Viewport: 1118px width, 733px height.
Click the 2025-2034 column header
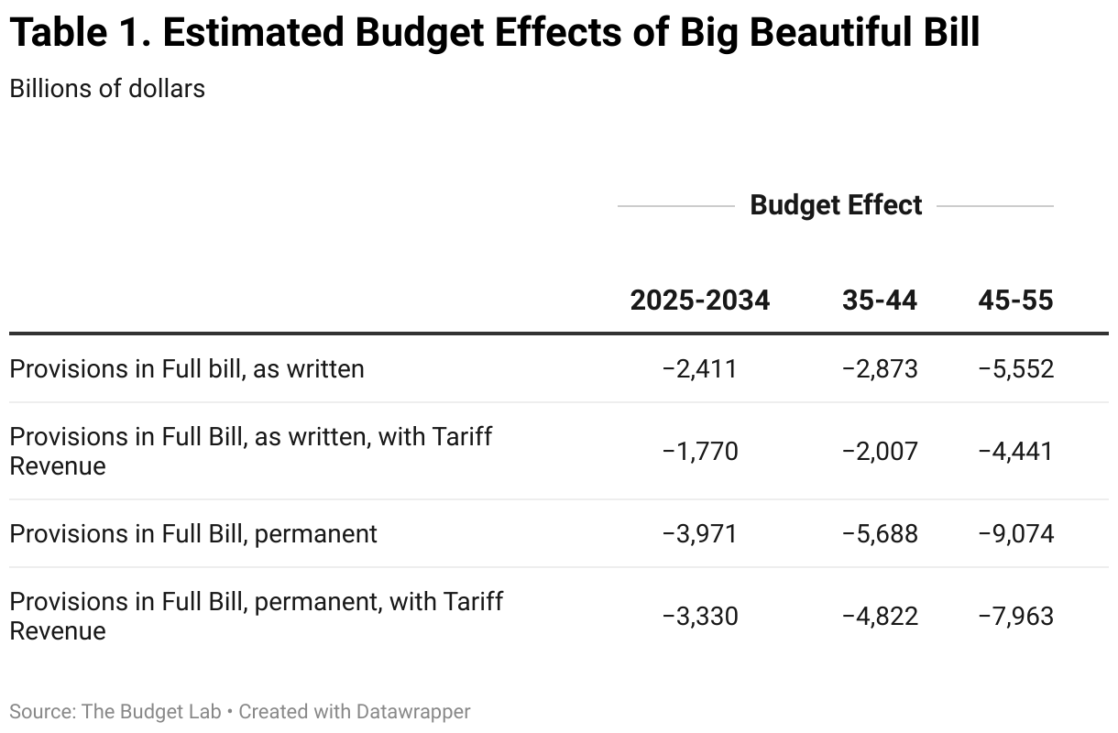click(x=699, y=301)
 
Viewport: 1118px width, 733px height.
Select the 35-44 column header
click(x=879, y=301)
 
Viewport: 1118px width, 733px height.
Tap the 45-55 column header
click(x=1015, y=301)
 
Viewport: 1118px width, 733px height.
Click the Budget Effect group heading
click(x=836, y=205)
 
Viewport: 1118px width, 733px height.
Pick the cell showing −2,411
click(x=699, y=368)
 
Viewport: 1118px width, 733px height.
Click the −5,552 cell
click(x=1015, y=368)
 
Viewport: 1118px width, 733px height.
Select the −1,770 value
click(x=699, y=451)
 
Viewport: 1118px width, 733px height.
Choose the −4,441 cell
click(x=1015, y=451)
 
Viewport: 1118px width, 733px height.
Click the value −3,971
click(x=699, y=533)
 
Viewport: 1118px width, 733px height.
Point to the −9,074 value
click(x=1015, y=533)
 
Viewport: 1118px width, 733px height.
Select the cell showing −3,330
click(x=699, y=616)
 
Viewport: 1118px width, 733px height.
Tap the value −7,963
click(x=1015, y=616)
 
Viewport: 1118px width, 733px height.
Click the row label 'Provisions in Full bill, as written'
click(x=187, y=368)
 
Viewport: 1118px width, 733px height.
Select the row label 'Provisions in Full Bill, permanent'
click(x=193, y=533)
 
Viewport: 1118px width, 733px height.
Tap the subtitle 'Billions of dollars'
click(x=107, y=88)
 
